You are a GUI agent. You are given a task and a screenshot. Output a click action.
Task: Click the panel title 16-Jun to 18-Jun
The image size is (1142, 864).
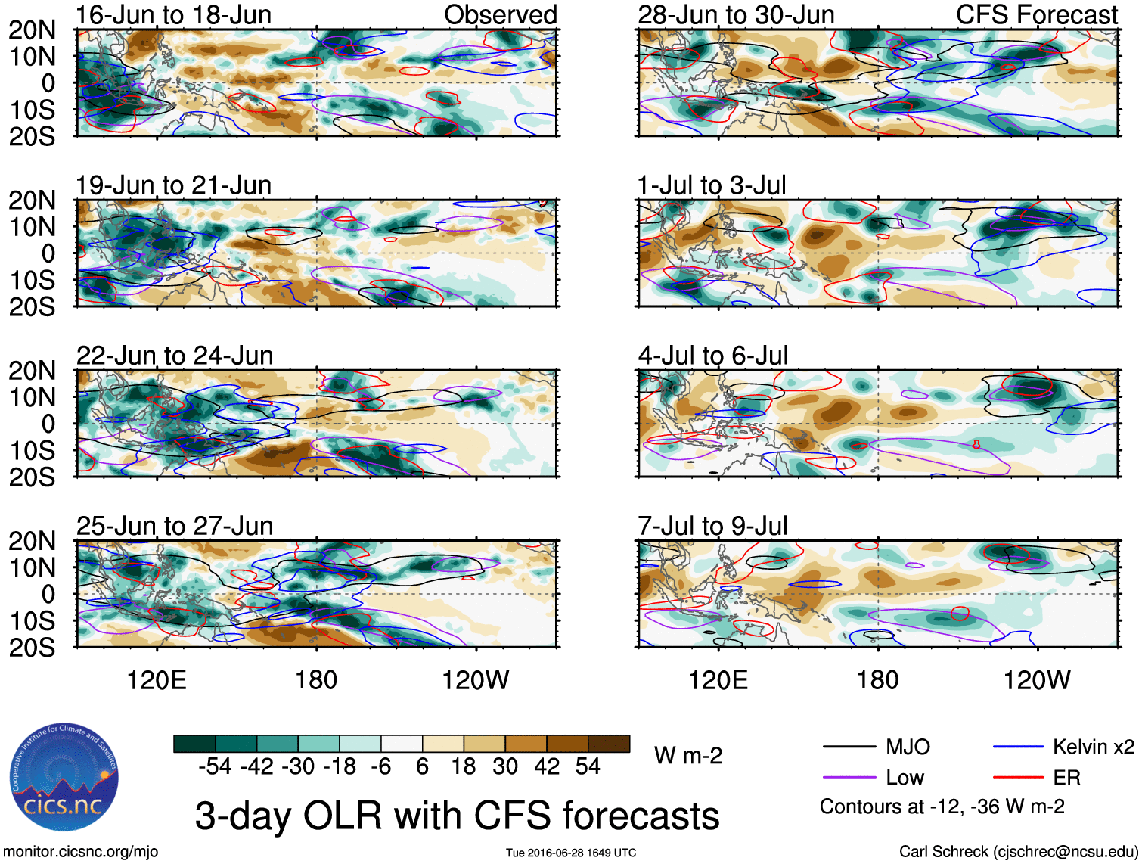(x=173, y=14)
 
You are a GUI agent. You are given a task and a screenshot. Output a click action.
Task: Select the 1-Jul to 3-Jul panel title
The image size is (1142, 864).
(x=712, y=185)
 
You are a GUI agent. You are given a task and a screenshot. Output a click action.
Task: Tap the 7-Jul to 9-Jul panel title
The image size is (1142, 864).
(x=712, y=526)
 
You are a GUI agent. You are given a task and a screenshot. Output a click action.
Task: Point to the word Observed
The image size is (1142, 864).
(x=500, y=14)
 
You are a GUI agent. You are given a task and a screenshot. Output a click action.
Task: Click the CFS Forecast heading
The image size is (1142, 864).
(x=1036, y=14)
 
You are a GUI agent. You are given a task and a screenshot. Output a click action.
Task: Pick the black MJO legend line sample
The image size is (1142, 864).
(x=849, y=747)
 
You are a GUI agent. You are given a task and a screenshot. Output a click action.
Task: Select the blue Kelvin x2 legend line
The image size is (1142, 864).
(x=1018, y=747)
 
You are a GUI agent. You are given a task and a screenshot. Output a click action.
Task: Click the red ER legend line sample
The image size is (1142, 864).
(x=1018, y=777)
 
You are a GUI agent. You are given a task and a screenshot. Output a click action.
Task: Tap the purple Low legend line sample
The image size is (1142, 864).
(x=849, y=777)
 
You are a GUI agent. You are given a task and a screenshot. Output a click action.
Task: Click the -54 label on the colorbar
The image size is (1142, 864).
(x=215, y=767)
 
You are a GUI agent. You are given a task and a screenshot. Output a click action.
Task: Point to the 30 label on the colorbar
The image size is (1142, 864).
(x=505, y=767)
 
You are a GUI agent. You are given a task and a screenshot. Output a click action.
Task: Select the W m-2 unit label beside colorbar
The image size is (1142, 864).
(x=688, y=755)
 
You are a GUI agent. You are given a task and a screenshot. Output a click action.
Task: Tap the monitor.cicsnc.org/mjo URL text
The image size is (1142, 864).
(x=81, y=852)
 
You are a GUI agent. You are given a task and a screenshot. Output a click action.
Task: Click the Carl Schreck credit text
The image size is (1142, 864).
(x=1017, y=852)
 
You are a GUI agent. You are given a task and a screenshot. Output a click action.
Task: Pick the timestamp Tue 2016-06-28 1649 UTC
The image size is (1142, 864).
(x=571, y=853)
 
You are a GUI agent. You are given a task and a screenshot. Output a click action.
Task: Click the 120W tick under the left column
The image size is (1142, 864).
(x=476, y=680)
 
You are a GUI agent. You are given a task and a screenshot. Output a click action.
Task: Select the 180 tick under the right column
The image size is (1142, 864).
(x=877, y=680)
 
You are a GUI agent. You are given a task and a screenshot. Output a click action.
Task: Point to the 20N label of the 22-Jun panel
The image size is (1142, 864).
(x=32, y=371)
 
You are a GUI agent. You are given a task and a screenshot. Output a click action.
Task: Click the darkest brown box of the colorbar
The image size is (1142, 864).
(x=609, y=744)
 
